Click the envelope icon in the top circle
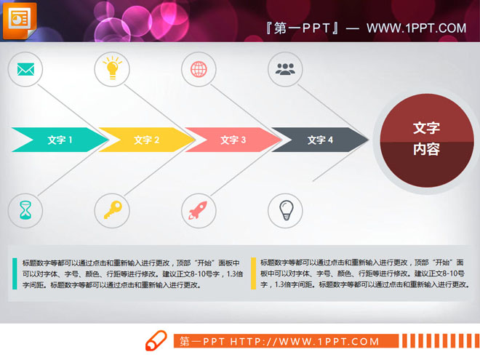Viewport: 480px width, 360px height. [26, 70]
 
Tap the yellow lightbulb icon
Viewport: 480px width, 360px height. [112, 70]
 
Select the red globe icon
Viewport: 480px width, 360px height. [199, 70]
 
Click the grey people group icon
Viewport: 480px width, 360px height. [285, 70]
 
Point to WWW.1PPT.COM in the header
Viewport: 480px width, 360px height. [416, 28]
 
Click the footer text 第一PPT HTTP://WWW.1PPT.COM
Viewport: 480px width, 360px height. [279, 342]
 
